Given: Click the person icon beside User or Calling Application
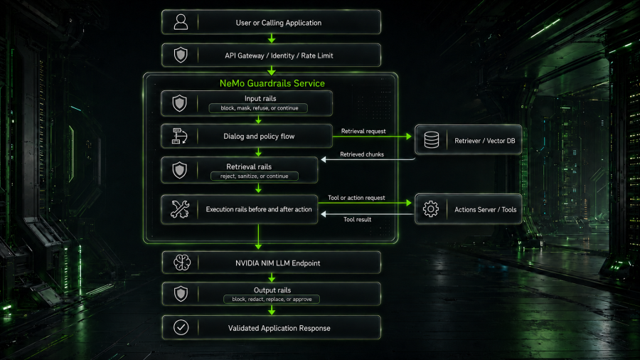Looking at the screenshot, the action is point(181,22).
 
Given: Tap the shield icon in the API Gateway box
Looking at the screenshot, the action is point(181,55).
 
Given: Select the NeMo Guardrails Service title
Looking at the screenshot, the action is point(272,83).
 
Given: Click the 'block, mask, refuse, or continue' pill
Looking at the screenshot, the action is point(258,108).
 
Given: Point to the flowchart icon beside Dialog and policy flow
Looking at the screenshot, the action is point(180,136).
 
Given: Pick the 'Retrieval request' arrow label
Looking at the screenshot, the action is point(363,131).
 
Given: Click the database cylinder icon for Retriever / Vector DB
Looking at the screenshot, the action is point(432,140).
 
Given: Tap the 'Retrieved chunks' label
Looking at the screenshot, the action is point(362,154).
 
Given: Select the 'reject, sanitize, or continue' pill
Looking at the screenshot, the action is point(255,176).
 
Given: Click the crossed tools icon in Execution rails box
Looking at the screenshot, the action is point(180,209).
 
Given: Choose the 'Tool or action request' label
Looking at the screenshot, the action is point(356,198).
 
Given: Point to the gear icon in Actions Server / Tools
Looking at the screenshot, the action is point(431,209).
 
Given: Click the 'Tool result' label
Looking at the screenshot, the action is point(357,219).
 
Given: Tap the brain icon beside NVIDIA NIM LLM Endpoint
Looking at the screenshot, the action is point(181,263).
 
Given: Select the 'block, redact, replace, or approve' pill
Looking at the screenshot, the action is point(272,300).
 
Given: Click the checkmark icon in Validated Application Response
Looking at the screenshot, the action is point(181,327).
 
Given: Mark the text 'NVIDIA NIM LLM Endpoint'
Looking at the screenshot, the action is point(277,263).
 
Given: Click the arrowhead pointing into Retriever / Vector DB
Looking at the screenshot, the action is point(409,137).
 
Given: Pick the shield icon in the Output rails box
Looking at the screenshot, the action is point(181,294).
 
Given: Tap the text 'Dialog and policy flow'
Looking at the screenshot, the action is point(259,137).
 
